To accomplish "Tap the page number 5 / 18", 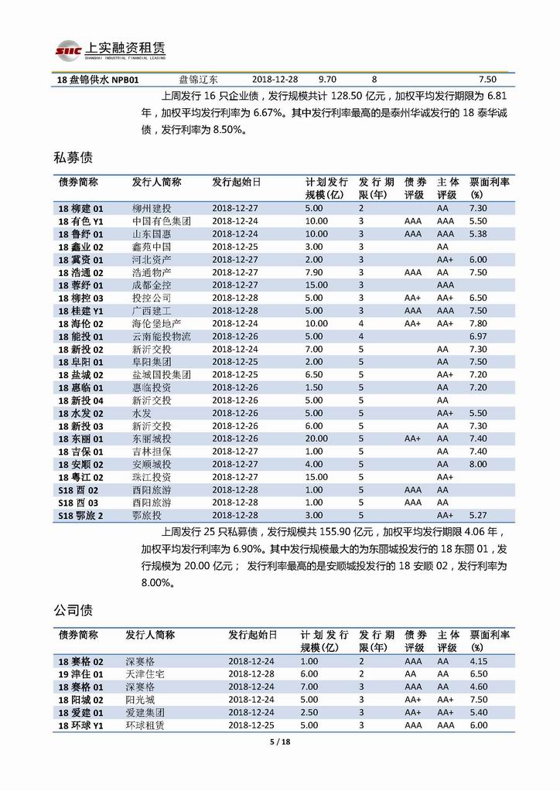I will (279, 742).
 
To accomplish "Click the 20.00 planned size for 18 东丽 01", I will (316, 438).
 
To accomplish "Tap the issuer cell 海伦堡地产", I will (156, 323).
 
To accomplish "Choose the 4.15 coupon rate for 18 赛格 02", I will (478, 662).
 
